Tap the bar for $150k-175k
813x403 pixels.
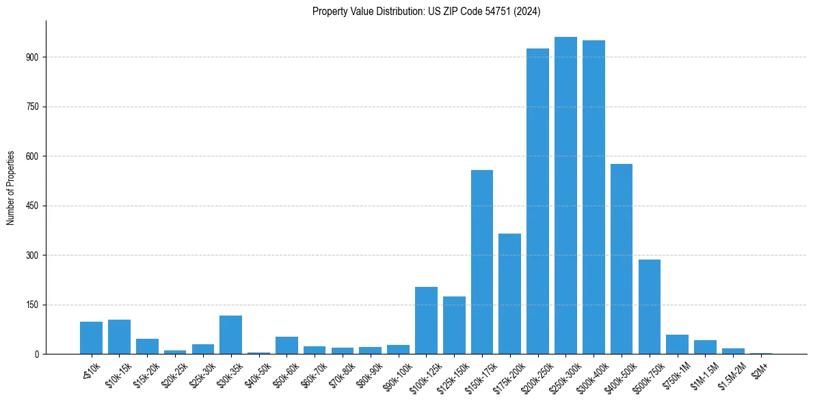click(x=482, y=262)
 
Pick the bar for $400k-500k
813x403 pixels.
click(x=622, y=259)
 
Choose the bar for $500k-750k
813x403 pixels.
click(x=650, y=307)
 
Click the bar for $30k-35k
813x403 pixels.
click(x=230, y=335)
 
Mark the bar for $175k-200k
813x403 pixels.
click(x=509, y=294)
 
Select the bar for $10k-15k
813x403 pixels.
click(x=119, y=337)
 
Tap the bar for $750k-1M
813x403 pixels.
click(x=677, y=344)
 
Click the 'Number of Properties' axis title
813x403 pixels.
click(x=10, y=187)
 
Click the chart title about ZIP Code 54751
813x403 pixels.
click(x=426, y=11)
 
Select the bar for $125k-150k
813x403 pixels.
click(x=454, y=325)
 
